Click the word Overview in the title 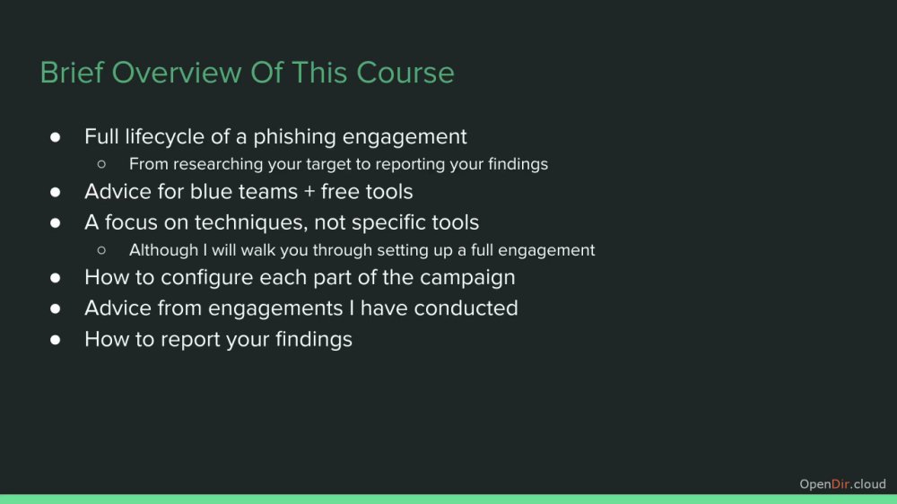tap(177, 73)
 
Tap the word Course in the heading tap(405, 73)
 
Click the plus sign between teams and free tap(309, 192)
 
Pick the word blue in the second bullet tap(209, 192)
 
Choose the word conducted tap(466, 308)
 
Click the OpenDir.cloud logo tap(842, 484)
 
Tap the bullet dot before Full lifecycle tap(55, 136)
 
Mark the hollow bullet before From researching tap(102, 165)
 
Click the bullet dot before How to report tap(55, 340)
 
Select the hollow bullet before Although tap(102, 250)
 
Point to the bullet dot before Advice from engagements tap(55, 308)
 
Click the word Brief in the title tap(72, 73)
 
